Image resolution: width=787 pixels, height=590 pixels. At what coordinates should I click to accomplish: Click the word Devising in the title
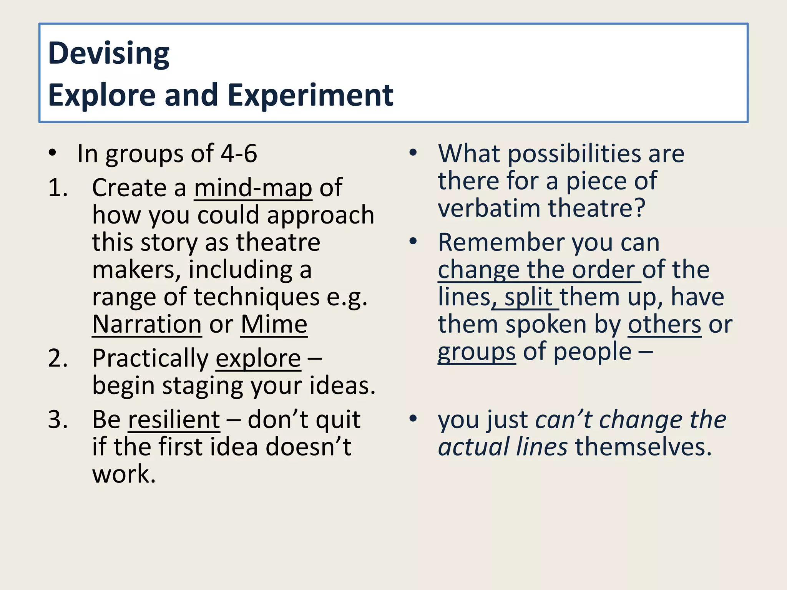[x=109, y=54]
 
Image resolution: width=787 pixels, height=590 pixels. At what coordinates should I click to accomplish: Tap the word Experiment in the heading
[x=310, y=95]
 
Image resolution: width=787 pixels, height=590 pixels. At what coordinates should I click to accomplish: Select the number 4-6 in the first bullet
[x=239, y=154]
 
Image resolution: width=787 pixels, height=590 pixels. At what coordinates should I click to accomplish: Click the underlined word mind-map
[x=253, y=188]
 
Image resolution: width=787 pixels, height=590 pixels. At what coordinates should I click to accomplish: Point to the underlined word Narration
[x=147, y=325]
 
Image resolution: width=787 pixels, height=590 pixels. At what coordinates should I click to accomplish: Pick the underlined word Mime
[x=274, y=325]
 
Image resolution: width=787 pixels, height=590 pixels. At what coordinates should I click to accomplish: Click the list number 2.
[x=58, y=359]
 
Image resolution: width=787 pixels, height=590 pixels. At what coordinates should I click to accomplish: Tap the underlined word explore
[x=258, y=359]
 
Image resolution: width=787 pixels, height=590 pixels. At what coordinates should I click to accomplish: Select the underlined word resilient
[x=174, y=420]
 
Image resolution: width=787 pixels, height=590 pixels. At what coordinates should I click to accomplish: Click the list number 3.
[x=58, y=420]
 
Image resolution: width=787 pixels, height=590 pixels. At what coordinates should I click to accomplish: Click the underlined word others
[x=664, y=325]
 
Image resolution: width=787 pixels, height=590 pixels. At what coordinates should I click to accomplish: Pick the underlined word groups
[x=477, y=352]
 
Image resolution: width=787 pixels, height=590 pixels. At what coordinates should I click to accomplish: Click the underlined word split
[x=528, y=297]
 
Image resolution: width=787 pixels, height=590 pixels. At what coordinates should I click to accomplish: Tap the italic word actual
[x=473, y=447]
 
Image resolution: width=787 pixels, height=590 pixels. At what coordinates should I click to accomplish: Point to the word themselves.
[x=643, y=447]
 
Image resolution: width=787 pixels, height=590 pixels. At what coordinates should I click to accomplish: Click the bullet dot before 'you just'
[x=413, y=419]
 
